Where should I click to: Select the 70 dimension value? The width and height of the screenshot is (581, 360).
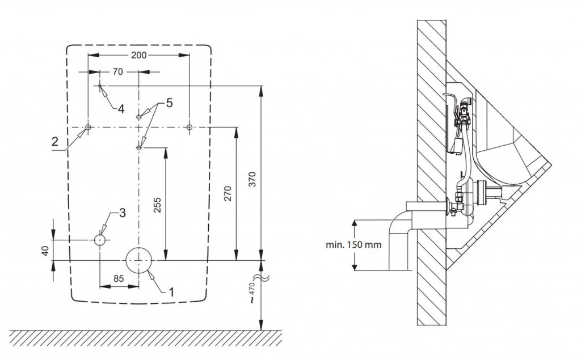pos(117,72)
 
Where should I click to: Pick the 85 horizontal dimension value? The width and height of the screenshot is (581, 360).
pos(119,278)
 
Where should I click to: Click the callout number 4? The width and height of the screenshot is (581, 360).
pos(121,109)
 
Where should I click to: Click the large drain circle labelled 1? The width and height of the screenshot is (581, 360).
pos(139,260)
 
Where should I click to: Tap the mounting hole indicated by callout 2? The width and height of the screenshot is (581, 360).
pos(89,126)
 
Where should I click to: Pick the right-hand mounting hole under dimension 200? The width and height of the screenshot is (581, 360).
pos(190,126)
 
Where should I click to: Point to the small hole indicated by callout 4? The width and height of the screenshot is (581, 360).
pos(100,86)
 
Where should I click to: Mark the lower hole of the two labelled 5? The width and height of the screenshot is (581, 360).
pos(139,147)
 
